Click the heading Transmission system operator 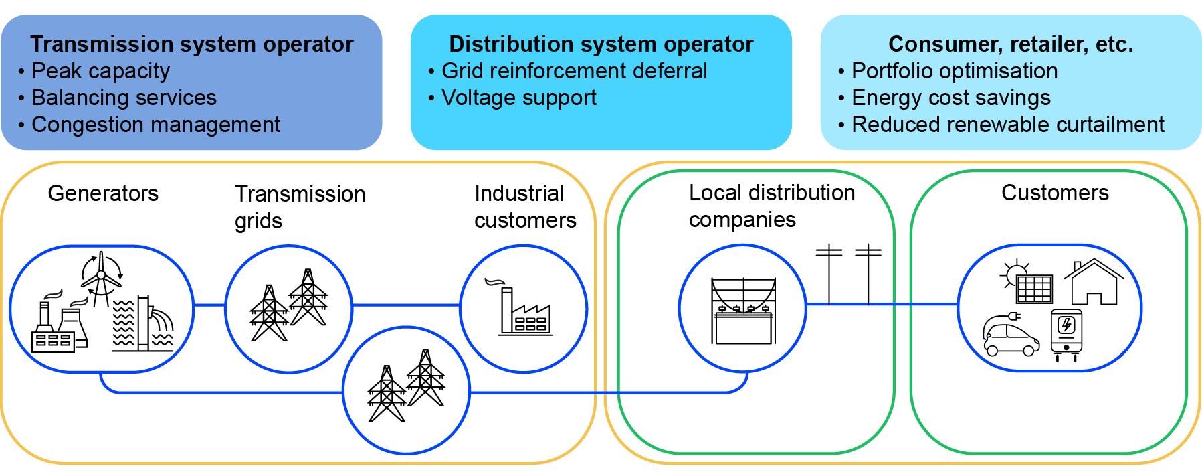click(x=192, y=44)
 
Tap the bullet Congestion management click(x=149, y=125)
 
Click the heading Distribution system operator click(x=601, y=44)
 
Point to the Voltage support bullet click(x=512, y=98)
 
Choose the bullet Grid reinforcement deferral click(x=568, y=71)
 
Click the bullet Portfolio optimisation click(x=948, y=71)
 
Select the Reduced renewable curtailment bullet click(x=1001, y=125)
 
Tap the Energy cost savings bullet click(x=944, y=98)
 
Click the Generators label click(x=103, y=193)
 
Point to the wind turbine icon click(x=101, y=278)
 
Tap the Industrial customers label click(x=525, y=207)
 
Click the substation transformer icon click(x=743, y=310)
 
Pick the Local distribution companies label click(x=772, y=206)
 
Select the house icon click(x=1094, y=282)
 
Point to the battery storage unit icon click(x=1067, y=335)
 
